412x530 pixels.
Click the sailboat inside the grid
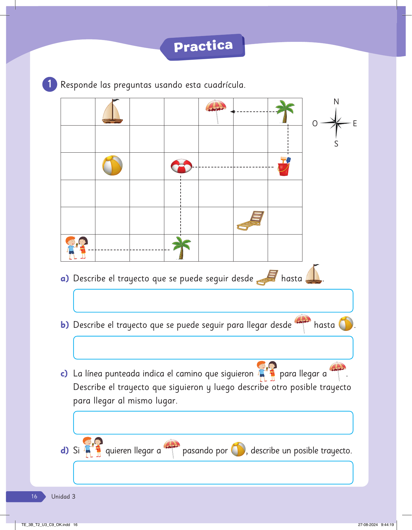112,112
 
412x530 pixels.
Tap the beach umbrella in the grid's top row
216,111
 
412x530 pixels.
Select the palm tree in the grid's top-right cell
285,111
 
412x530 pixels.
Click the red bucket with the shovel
284,167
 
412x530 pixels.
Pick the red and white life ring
182,166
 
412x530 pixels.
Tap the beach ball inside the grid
112,166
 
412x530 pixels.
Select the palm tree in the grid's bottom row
182,248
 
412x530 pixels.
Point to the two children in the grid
77,248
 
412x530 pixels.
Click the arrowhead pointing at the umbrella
233,112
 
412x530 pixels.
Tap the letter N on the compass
336,102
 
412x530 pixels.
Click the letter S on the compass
336,144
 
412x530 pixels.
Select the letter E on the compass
355,124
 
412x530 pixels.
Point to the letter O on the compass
315,124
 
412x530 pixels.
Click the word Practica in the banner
203,46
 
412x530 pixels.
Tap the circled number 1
50,84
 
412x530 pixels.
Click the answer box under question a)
213,301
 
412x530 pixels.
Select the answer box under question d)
213,472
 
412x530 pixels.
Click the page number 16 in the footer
34,496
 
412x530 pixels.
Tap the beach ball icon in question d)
238,449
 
